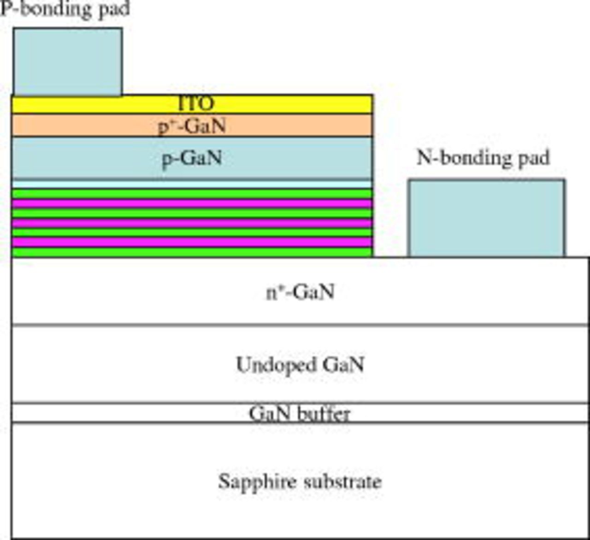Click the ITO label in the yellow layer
point(196,104)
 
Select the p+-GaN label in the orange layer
point(192,125)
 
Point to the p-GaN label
point(192,158)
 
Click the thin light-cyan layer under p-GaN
point(192,184)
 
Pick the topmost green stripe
point(192,194)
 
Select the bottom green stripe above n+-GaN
point(192,252)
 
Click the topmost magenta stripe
point(192,203)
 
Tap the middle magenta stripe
point(192,223)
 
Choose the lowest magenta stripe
point(192,242)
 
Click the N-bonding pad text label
point(483,158)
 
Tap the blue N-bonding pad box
point(486,218)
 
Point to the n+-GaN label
point(300,292)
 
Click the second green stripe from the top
point(192,213)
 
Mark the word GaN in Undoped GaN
point(343,365)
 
